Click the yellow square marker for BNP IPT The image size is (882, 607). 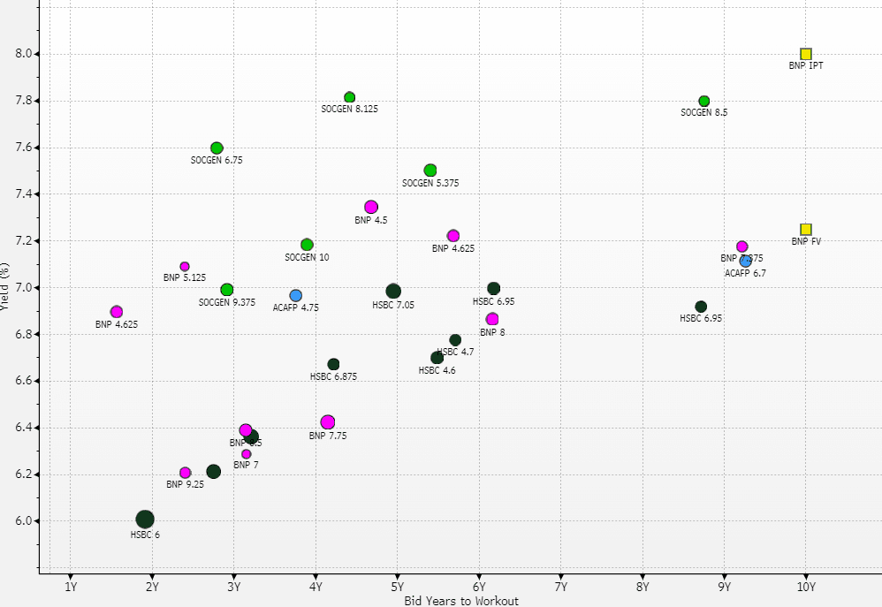tap(806, 54)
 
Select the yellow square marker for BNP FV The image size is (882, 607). tap(806, 230)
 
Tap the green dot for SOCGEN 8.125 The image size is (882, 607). tap(350, 97)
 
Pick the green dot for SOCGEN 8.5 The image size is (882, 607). tap(704, 102)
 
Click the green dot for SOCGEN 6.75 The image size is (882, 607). tap(217, 148)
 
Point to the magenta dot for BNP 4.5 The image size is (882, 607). tap(371, 208)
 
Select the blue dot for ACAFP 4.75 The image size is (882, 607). tap(296, 296)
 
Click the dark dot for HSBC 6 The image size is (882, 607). tap(145, 520)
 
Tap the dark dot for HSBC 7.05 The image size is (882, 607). tap(393, 292)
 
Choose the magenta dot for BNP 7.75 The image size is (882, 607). tap(328, 422)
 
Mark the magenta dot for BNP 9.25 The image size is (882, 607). tap(186, 473)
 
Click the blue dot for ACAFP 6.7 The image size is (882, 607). tap(746, 261)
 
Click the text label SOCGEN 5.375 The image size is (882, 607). tap(430, 183)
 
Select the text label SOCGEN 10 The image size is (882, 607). tap(307, 257)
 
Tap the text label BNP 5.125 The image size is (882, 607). tap(185, 277)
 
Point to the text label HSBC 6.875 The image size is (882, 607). tap(333, 376)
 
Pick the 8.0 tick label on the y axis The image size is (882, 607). tap(24, 54)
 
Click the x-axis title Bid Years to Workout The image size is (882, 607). tap(461, 601)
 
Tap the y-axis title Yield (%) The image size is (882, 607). tap(6, 287)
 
